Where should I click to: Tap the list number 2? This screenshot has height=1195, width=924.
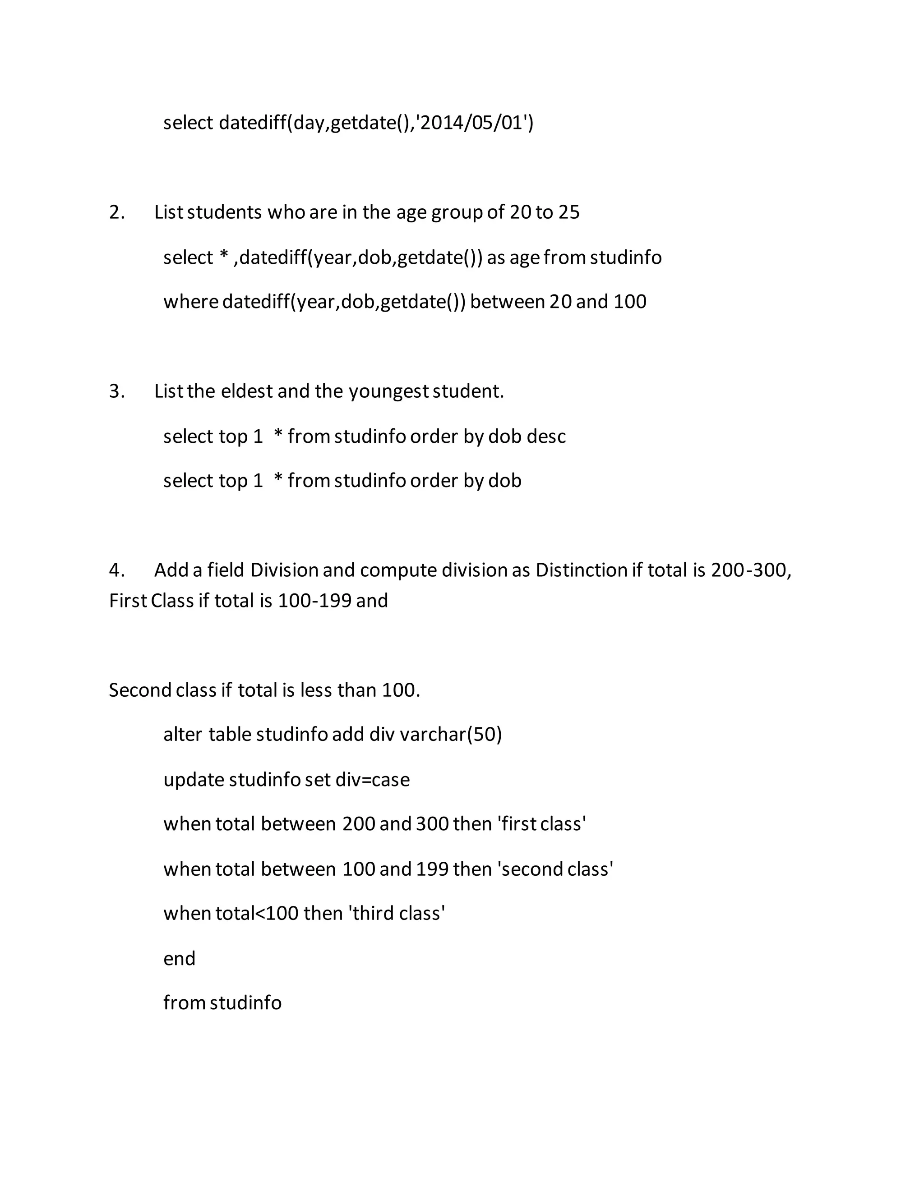[x=116, y=212]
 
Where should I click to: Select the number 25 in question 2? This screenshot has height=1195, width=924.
[x=568, y=212]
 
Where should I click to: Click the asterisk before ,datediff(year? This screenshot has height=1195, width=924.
[x=223, y=256]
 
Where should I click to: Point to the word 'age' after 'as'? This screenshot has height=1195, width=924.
[x=524, y=257]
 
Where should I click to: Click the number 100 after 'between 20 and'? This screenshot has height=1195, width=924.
[x=629, y=302]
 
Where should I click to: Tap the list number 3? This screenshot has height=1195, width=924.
[x=116, y=391]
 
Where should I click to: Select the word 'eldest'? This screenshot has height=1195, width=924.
[x=246, y=391]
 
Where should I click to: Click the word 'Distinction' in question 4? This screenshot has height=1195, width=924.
[x=581, y=570]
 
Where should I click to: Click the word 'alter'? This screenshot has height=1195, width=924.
[x=183, y=734]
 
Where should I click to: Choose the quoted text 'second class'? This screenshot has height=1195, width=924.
[x=555, y=869]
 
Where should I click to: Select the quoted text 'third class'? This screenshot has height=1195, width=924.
[x=396, y=913]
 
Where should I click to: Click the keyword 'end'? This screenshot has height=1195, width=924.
[x=179, y=958]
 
